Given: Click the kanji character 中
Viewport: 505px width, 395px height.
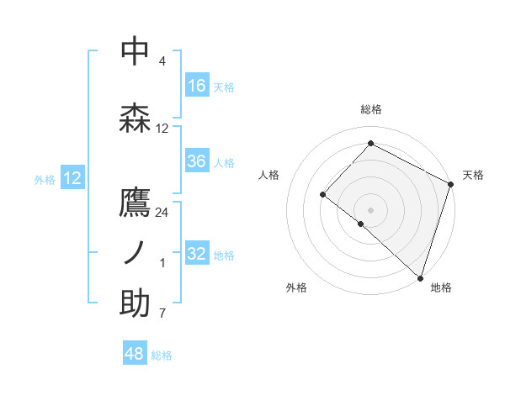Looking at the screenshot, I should pyautogui.click(x=135, y=51).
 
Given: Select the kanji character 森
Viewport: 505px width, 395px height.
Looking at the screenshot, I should pyautogui.click(x=135, y=118).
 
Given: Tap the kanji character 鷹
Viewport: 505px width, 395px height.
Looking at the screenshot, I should pyautogui.click(x=135, y=203).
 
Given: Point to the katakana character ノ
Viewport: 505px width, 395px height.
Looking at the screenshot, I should pyautogui.click(x=135, y=253).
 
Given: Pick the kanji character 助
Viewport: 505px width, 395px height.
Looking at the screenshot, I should pyautogui.click(x=135, y=303).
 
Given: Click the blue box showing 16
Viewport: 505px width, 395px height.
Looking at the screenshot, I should pyautogui.click(x=197, y=85).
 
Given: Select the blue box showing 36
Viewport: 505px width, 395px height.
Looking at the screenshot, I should pyautogui.click(x=197, y=161).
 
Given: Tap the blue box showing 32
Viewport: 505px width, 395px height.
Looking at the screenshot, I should pyautogui.click(x=197, y=254).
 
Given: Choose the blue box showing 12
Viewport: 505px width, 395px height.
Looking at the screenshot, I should pyautogui.click(x=72, y=178).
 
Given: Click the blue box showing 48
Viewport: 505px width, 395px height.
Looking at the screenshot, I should pyautogui.click(x=135, y=354).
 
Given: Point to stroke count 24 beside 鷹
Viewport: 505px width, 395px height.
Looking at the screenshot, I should pyautogui.click(x=162, y=213).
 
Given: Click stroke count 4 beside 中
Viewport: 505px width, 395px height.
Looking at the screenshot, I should pyautogui.click(x=162, y=61).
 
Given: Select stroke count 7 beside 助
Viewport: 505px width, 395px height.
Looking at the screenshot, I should pyautogui.click(x=162, y=313).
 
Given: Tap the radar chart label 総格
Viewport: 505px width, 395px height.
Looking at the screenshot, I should pyautogui.click(x=370, y=109).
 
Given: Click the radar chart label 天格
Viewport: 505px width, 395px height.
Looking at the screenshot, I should pyautogui.click(x=473, y=175).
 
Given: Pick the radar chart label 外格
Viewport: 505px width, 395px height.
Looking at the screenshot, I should pyautogui.click(x=296, y=287).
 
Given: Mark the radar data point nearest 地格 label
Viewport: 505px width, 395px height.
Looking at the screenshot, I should pyautogui.click(x=420, y=277).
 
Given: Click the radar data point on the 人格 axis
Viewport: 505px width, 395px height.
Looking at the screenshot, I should pyautogui.click(x=322, y=194).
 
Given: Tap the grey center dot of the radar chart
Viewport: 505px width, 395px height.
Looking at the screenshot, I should pyautogui.click(x=370, y=209).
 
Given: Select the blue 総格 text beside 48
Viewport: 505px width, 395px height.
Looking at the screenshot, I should pyautogui.click(x=162, y=355).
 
